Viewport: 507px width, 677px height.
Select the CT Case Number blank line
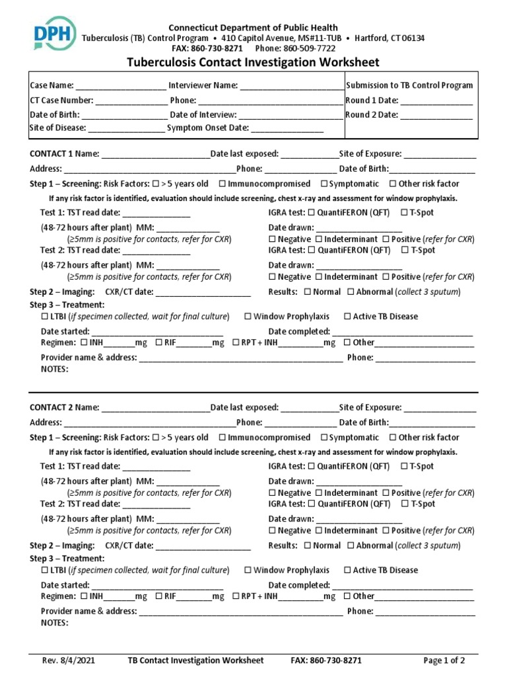(132, 100)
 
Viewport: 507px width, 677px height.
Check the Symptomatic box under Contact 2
(324, 438)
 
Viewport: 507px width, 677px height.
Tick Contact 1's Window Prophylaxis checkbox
(248, 317)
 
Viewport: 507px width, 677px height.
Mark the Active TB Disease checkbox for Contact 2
(347, 571)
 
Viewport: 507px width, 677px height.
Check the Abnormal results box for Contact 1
(351, 292)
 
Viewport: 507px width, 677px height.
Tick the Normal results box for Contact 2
(307, 546)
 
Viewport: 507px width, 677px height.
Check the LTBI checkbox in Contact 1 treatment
(45, 317)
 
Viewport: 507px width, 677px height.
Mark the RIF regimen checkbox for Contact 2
(159, 596)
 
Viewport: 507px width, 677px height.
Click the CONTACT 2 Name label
(65, 407)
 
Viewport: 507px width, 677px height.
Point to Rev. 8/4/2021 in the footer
(65, 660)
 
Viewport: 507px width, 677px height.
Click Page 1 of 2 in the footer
(444, 660)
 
